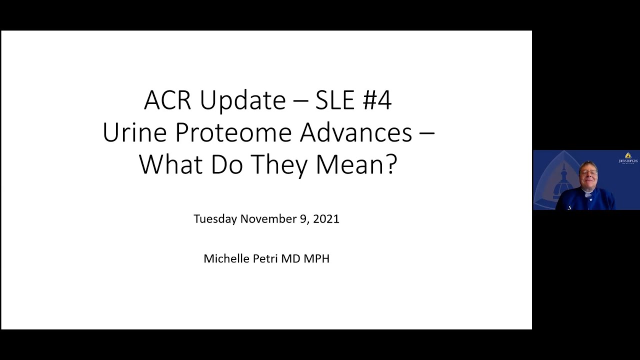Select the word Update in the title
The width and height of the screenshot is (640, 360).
243,101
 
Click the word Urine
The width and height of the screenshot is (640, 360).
134,132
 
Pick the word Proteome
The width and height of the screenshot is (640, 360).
233,132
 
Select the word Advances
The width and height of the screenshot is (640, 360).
356,132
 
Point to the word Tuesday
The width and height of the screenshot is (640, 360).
215,219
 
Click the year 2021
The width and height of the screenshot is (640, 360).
326,219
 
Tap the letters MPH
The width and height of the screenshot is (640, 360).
316,258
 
